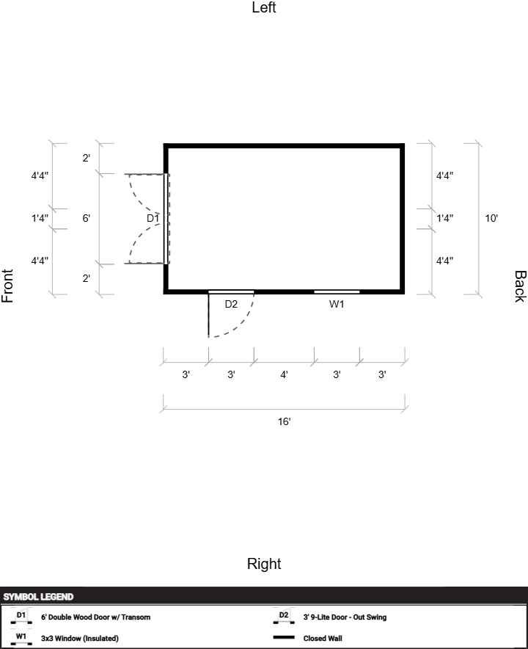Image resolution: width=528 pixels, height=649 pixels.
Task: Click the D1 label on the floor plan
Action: point(153,218)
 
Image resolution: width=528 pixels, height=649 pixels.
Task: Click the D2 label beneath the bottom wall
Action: point(231,304)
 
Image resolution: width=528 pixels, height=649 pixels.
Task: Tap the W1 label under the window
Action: point(337,304)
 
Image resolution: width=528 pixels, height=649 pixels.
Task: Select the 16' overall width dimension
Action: point(284,421)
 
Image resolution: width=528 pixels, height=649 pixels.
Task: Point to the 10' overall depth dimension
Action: point(491,218)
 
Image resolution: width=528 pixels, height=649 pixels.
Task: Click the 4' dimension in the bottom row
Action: point(284,374)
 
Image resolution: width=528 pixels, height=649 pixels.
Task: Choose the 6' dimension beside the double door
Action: point(86,218)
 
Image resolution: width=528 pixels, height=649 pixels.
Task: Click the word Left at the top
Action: point(264,7)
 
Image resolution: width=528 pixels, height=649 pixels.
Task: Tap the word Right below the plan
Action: point(264,564)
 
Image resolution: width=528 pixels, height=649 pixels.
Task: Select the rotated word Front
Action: point(7,286)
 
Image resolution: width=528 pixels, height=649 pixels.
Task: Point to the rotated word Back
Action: point(520,286)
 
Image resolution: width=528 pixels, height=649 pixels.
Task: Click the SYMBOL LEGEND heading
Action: point(38,597)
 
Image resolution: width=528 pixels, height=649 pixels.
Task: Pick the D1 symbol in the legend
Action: point(21,617)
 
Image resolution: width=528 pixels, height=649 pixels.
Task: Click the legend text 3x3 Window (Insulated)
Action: point(80,638)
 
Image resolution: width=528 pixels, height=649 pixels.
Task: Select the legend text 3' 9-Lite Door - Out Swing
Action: point(345,617)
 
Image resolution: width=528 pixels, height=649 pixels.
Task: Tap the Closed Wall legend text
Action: point(323,638)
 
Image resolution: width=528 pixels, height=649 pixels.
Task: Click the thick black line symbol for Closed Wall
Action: point(284,638)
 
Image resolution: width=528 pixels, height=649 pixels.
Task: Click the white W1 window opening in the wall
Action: point(337,291)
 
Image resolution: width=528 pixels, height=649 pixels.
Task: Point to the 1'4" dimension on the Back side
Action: point(445,218)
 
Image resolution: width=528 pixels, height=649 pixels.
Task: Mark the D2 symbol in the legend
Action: point(284,617)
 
